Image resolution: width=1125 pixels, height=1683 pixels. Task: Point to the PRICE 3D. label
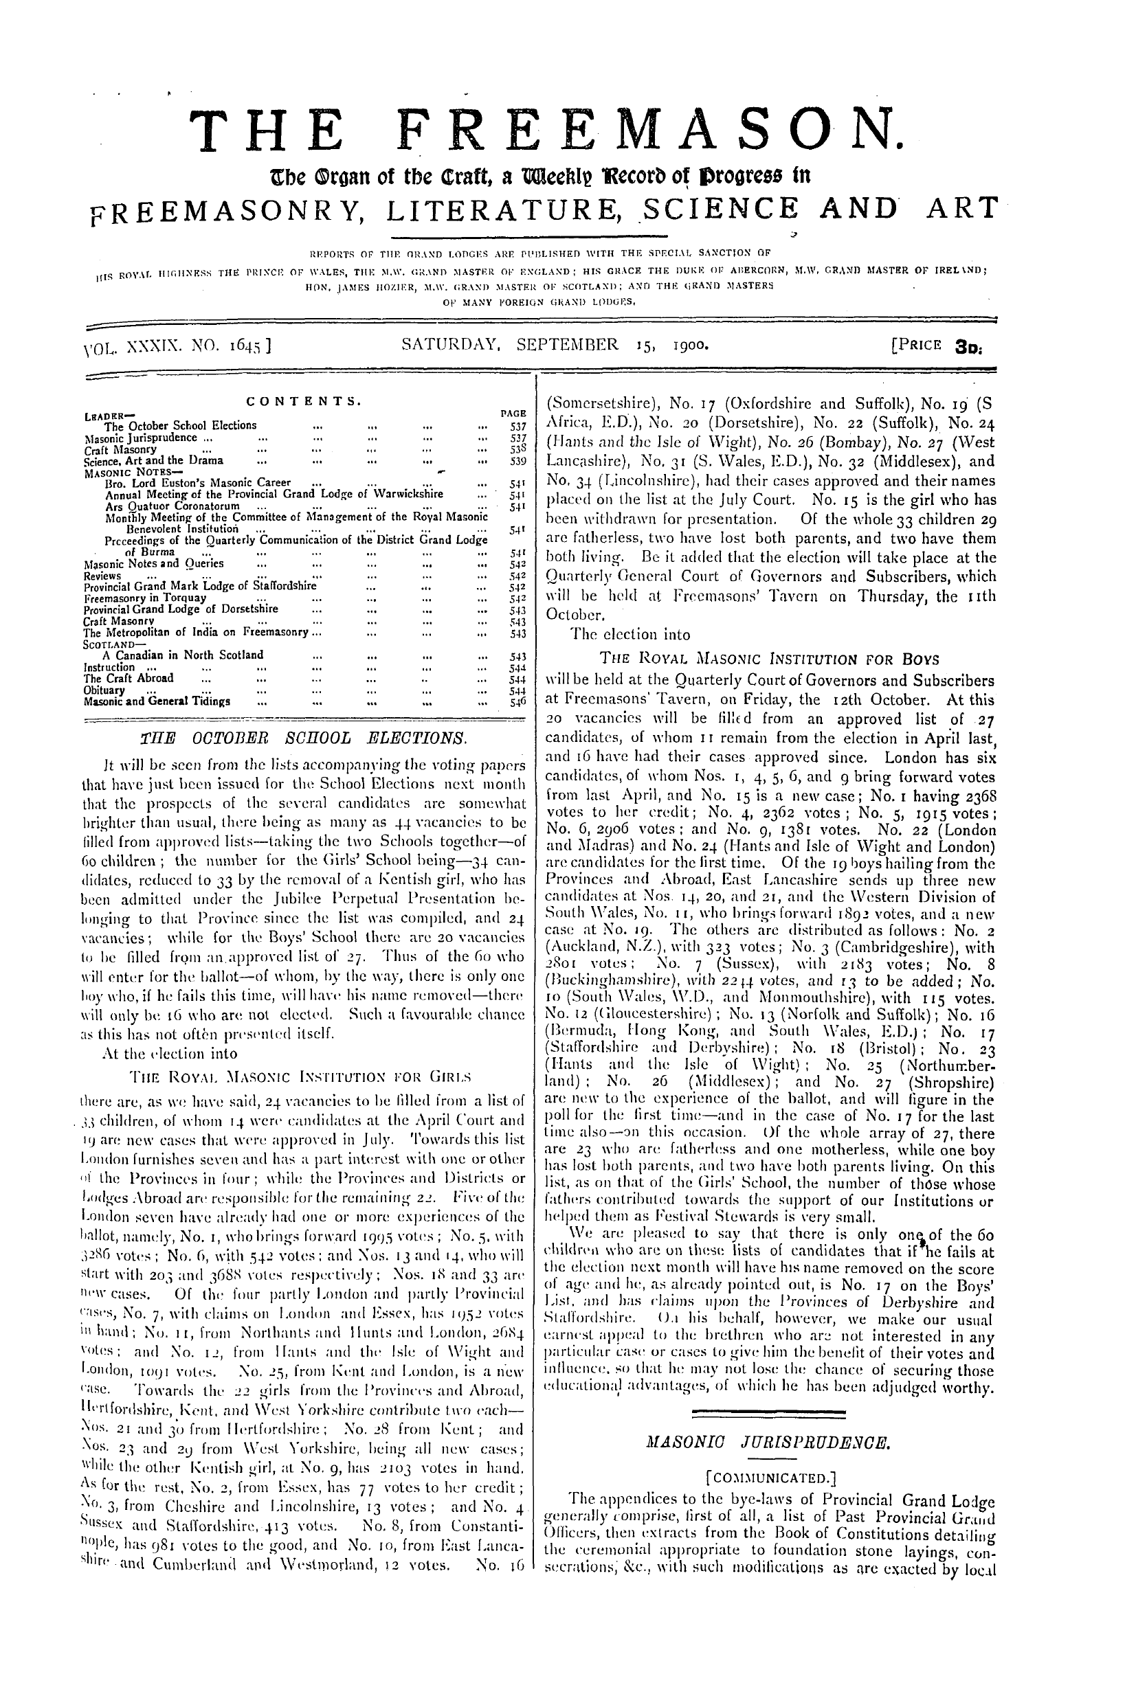pos(939,346)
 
